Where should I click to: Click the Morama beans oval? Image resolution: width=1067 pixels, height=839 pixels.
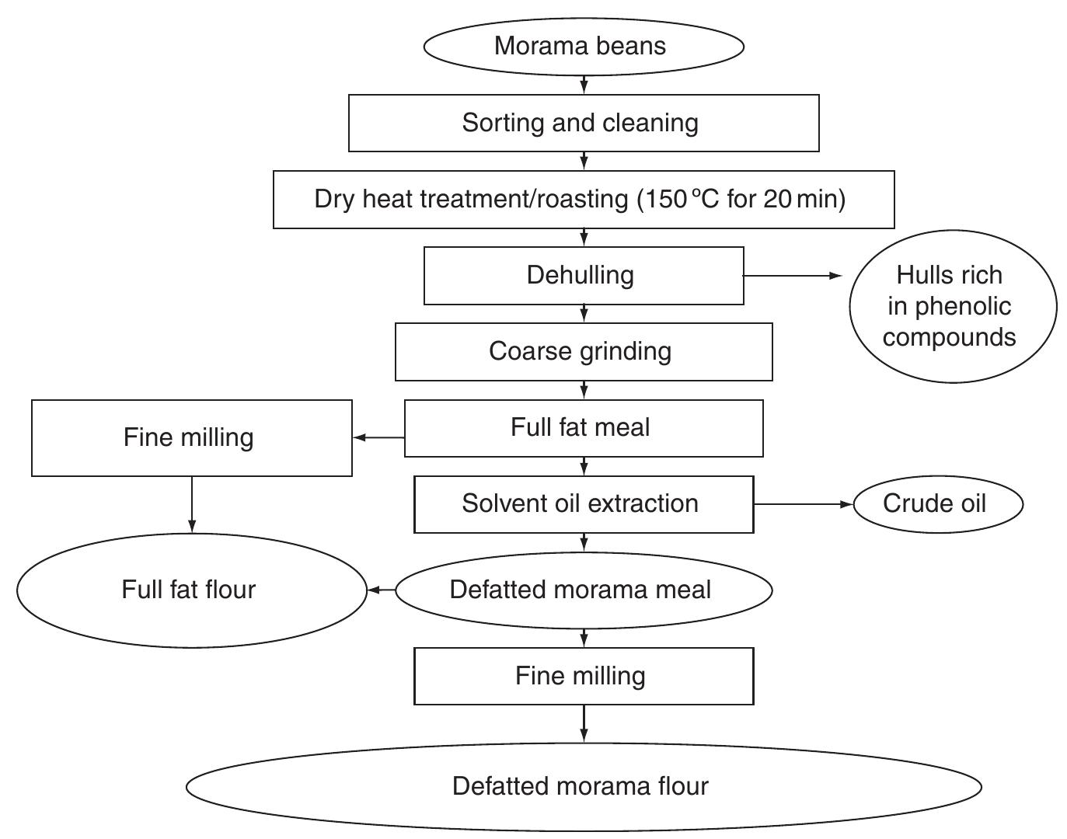[583, 46]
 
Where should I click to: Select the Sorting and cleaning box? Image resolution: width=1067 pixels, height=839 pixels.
[583, 123]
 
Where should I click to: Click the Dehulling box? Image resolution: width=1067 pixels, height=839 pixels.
[583, 275]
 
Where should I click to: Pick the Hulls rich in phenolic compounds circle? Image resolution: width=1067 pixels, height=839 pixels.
[952, 306]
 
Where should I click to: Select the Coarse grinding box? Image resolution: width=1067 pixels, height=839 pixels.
[583, 351]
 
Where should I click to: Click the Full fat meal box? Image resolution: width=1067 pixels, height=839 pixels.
[583, 427]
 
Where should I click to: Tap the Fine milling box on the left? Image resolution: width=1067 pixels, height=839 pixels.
[191, 437]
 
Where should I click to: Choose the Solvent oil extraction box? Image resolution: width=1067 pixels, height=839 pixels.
[583, 503]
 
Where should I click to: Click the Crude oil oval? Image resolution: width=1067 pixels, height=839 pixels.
[937, 503]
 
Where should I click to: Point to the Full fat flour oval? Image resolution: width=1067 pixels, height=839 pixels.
[191, 590]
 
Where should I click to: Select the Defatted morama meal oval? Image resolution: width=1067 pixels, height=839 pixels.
[583, 590]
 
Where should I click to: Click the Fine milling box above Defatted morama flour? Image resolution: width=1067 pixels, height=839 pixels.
[583, 676]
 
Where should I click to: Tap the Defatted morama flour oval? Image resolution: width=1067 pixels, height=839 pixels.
[583, 786]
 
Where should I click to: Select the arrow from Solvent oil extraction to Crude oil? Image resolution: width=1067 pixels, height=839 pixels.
[803, 504]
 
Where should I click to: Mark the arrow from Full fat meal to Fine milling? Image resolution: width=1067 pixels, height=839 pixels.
[378, 437]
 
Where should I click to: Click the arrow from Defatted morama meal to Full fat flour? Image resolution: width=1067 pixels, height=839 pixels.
[381, 590]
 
